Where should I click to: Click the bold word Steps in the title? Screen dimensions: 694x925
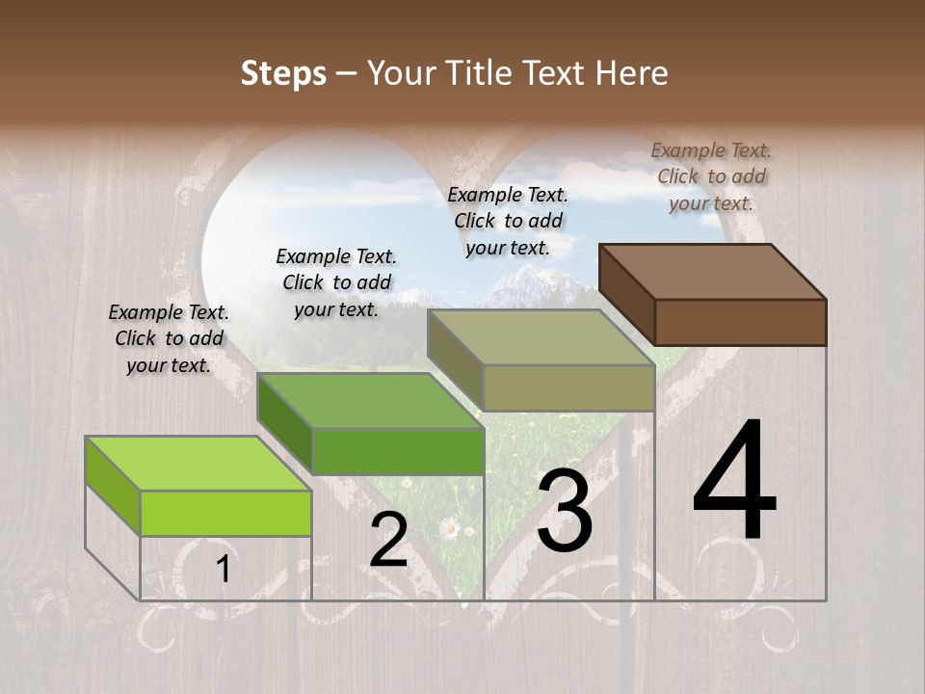[283, 73]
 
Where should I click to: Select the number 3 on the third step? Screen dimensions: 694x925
[565, 511]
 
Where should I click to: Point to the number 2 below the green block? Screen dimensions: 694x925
[388, 540]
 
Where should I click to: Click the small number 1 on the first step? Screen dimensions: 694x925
[224, 570]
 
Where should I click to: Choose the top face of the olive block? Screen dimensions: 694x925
[542, 337]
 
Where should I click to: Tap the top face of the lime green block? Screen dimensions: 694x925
[198, 464]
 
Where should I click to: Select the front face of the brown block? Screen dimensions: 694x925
[740, 322]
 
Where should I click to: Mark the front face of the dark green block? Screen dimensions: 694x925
[397, 451]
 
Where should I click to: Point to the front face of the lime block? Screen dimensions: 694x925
[225, 513]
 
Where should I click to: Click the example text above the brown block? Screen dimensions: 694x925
[711, 176]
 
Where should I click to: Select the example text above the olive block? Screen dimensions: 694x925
[508, 221]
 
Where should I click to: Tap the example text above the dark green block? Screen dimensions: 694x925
[336, 282]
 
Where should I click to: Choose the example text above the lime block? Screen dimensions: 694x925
[169, 338]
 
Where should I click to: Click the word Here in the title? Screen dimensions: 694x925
[633, 73]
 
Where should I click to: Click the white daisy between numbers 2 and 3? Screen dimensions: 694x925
[448, 527]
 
